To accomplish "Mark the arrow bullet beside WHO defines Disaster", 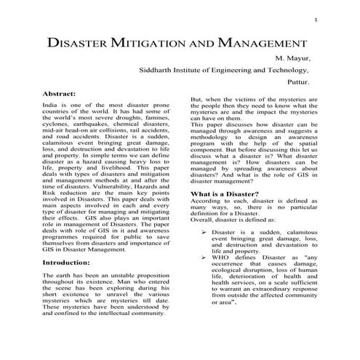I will click(x=204, y=258).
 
